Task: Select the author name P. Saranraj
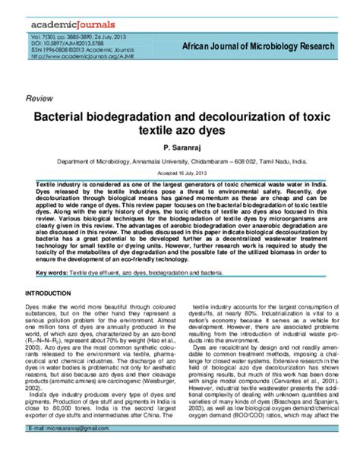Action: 179,152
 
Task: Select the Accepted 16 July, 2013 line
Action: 180,173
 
